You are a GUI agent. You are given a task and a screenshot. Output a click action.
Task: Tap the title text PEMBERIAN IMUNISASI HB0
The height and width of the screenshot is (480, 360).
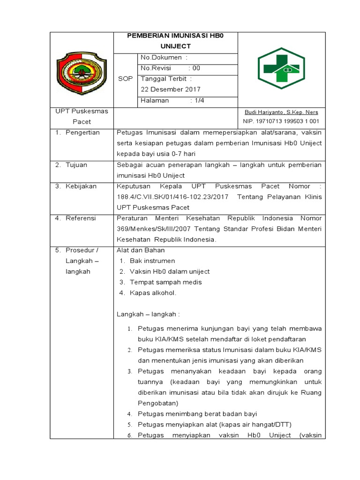tap(176, 37)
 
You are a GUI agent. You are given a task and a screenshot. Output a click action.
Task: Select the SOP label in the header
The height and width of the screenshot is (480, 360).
tap(125, 79)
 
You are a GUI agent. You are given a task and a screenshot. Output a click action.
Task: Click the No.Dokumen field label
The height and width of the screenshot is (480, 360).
tap(164, 58)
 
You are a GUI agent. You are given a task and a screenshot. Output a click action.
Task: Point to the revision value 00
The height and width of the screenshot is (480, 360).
tap(196, 68)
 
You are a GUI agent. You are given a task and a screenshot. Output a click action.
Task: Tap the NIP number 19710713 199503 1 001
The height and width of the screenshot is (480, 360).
tap(281, 121)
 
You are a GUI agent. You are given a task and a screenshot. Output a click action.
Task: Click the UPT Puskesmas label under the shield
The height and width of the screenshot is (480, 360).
tap(82, 112)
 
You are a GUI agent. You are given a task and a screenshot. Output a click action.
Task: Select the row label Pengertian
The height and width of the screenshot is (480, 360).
tap(82, 133)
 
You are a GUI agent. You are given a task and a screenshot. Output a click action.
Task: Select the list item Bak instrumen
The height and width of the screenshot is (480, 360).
tap(152, 261)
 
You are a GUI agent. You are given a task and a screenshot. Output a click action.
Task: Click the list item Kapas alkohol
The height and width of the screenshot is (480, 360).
tap(153, 293)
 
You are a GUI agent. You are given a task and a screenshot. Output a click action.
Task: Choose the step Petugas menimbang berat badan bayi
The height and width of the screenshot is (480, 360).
tap(197, 414)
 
